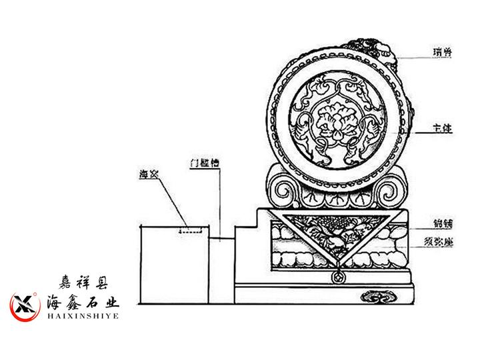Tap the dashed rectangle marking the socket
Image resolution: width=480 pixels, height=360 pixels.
[191, 232]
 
